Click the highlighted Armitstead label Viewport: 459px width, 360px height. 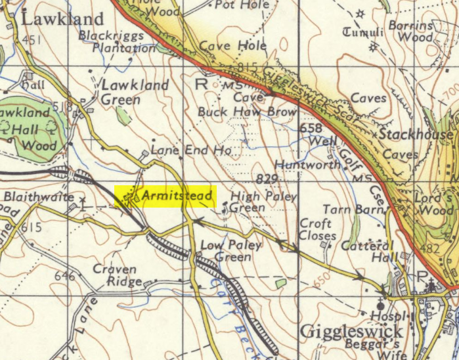pos(165,196)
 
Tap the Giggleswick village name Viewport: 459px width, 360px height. pos(351,330)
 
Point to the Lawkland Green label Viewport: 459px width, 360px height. pos(134,92)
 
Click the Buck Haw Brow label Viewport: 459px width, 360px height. pos(247,112)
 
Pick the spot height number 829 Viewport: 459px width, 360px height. pos(267,179)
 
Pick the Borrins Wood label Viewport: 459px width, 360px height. pos(429,32)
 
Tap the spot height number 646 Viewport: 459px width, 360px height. pos(64,277)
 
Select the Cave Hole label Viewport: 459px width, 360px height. pos(233,46)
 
